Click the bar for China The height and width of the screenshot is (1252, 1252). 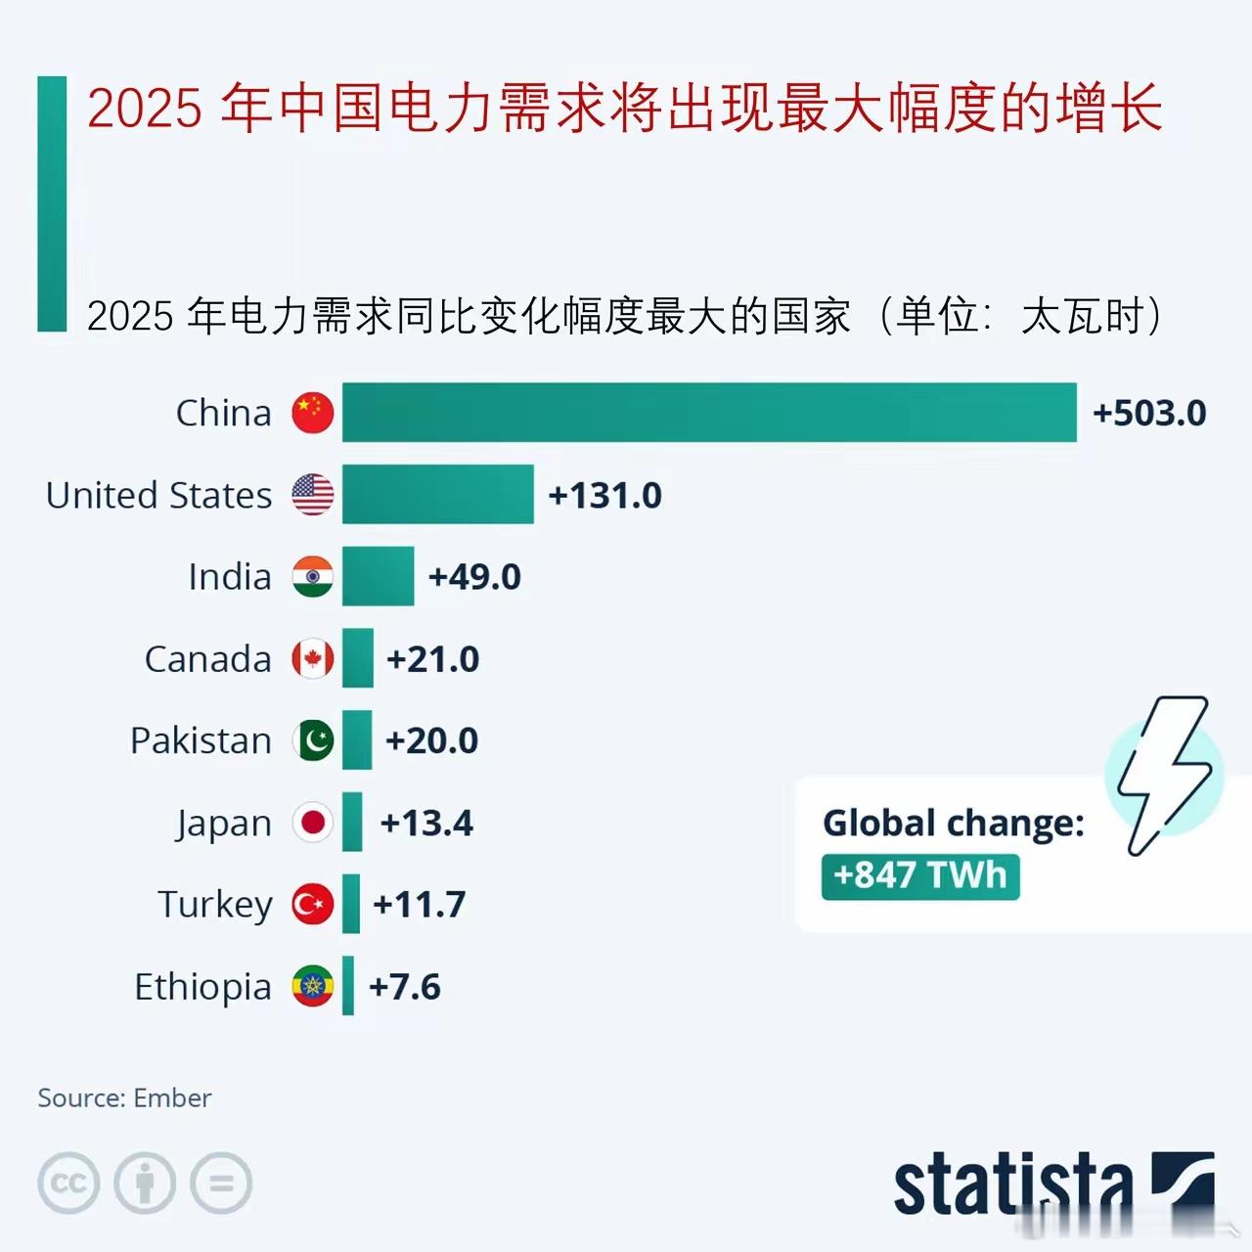[x=709, y=413]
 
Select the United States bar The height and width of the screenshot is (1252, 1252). [x=437, y=495]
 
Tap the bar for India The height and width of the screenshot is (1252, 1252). [x=378, y=577]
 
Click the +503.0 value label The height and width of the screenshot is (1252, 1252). [x=1149, y=413]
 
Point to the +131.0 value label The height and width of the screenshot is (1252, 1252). [x=604, y=496]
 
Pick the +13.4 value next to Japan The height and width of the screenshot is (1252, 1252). [x=426, y=824]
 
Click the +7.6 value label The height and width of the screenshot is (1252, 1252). [x=404, y=987]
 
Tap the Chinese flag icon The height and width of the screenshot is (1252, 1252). [x=313, y=413]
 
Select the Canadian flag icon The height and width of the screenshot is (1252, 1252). [x=313, y=659]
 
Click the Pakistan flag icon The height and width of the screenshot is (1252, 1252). [x=313, y=741]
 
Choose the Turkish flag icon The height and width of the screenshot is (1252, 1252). [x=313, y=905]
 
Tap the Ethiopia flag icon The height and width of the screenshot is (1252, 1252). [x=313, y=987]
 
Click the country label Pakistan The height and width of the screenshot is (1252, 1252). [x=201, y=741]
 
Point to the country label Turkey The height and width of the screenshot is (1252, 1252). [x=215, y=905]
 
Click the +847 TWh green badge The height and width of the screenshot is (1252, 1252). [x=919, y=875]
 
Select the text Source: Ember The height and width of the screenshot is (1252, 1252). [x=124, y=1098]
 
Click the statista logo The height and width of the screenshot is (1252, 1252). [x=1051, y=1185]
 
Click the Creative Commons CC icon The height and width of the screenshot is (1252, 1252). [x=68, y=1184]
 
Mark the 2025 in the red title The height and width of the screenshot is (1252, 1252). [x=145, y=108]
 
